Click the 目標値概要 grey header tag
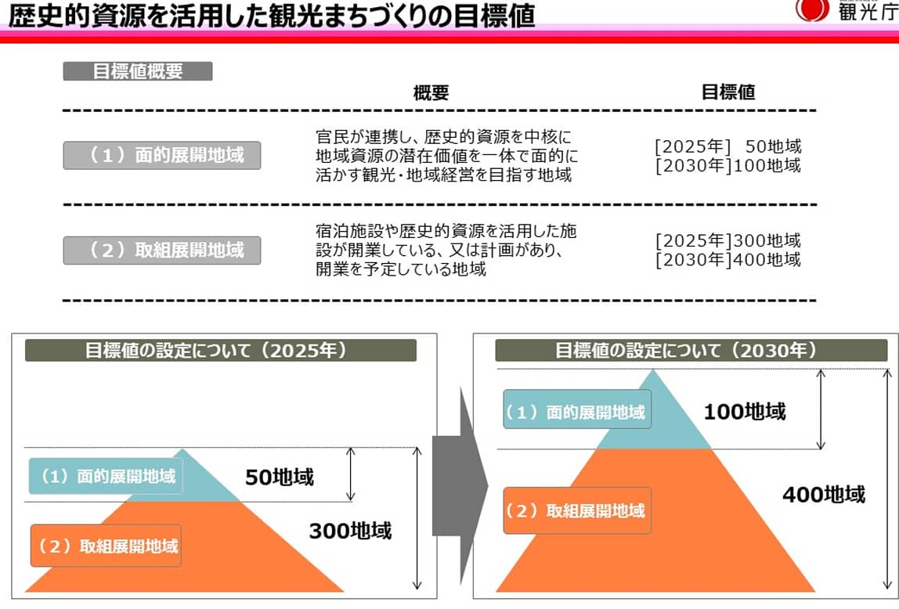click(x=137, y=71)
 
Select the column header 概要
click(x=431, y=93)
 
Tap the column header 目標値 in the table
click(x=728, y=92)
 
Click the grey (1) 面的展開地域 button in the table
click(x=161, y=156)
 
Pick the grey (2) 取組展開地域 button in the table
click(x=161, y=250)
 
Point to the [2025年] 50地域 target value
click(x=728, y=146)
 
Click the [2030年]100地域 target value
click(x=728, y=165)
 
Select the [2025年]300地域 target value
click(x=728, y=240)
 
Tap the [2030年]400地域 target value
click(x=728, y=260)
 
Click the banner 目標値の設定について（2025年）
click(x=220, y=350)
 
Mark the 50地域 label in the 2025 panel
click(x=279, y=477)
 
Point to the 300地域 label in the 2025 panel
click(x=349, y=532)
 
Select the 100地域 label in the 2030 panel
click(x=744, y=411)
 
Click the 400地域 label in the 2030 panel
click(x=824, y=495)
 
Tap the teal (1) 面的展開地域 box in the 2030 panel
click(x=576, y=410)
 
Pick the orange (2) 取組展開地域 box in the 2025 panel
click(x=106, y=546)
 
